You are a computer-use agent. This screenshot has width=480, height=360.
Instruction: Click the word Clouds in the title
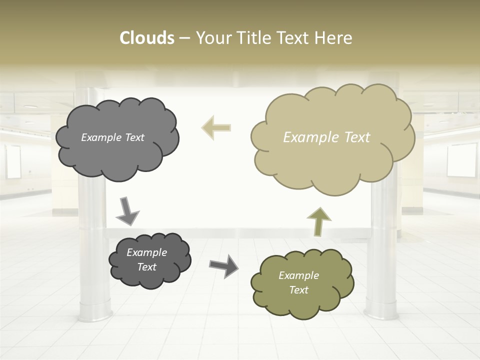(x=147, y=38)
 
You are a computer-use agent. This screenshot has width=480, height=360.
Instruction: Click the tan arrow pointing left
(x=216, y=127)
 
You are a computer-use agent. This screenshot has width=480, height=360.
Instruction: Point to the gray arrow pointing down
(x=127, y=212)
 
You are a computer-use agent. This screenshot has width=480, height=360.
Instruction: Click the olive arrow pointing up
(x=319, y=221)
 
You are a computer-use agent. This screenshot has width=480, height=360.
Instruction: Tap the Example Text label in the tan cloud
(x=326, y=137)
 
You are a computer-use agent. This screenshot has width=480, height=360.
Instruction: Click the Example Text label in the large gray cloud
(x=112, y=137)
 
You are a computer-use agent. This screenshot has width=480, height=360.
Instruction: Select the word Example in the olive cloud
(x=298, y=275)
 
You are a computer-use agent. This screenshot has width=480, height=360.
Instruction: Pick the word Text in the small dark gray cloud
(x=146, y=267)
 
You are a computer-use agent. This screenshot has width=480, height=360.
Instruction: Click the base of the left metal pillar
(x=95, y=312)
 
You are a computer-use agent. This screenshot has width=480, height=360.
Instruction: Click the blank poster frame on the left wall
(x=13, y=161)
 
